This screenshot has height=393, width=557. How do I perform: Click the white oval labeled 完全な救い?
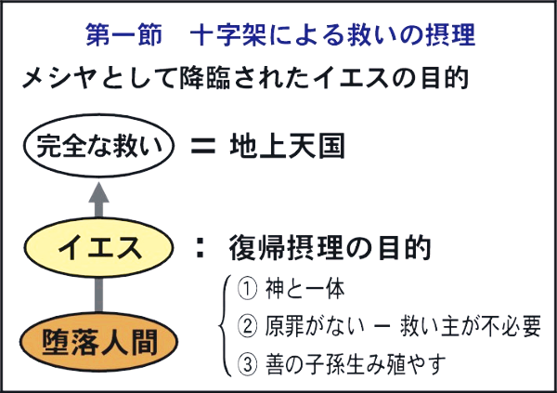pyautogui.click(x=98, y=146)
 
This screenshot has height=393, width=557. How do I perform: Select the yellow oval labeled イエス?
pyautogui.click(x=98, y=247)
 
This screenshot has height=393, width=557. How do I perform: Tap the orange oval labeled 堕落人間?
pyautogui.click(x=98, y=342)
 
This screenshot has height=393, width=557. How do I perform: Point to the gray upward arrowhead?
pyautogui.click(x=98, y=194)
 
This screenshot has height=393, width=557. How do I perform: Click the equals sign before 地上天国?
pyautogui.click(x=203, y=146)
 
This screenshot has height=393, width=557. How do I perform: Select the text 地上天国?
pyautogui.click(x=287, y=146)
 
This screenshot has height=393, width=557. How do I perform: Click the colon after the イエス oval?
pyautogui.click(x=201, y=247)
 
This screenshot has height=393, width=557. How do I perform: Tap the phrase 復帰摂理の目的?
pyautogui.click(x=330, y=247)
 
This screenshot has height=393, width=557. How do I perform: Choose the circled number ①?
pyautogui.click(x=247, y=289)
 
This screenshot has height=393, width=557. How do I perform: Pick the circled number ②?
pyautogui.click(x=247, y=326)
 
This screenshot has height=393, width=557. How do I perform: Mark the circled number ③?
pyautogui.click(x=247, y=364)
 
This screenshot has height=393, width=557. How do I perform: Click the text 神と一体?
pyautogui.click(x=304, y=289)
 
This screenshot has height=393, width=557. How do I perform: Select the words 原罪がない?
pyautogui.click(x=315, y=326)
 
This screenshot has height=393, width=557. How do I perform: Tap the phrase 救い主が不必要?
pyautogui.click(x=471, y=326)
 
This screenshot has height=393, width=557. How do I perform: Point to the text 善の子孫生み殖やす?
pyautogui.click(x=356, y=364)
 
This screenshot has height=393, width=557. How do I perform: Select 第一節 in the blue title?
pyautogui.click(x=123, y=35)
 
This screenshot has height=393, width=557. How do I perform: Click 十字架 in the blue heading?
pyautogui.click(x=228, y=35)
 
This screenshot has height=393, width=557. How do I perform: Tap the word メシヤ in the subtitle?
pyautogui.click(x=59, y=77)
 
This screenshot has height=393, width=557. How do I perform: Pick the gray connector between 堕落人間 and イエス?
pyautogui.click(x=98, y=295)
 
